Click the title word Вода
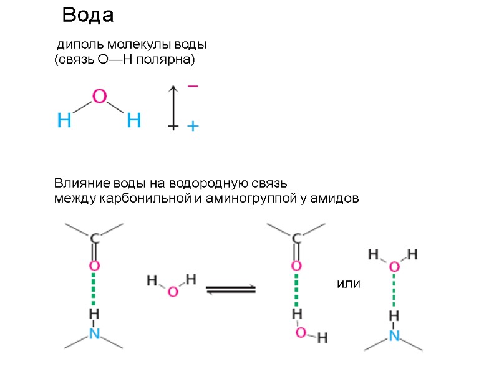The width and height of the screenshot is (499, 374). (88, 15)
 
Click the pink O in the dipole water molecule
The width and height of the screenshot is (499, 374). (100, 97)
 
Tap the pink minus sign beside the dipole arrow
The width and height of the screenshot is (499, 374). (193, 86)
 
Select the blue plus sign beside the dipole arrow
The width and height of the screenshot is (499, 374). (193, 127)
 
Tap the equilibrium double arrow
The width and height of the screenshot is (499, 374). (231, 289)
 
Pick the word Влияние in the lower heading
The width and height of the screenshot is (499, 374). (82, 184)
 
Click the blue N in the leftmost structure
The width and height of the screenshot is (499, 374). (94, 334)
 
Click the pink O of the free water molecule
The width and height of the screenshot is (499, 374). (173, 291)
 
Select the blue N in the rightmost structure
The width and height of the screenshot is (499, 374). (394, 336)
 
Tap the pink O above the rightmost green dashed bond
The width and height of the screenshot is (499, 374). (394, 267)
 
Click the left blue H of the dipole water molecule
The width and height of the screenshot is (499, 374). (64, 120)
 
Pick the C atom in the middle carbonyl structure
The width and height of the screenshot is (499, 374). (297, 239)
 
